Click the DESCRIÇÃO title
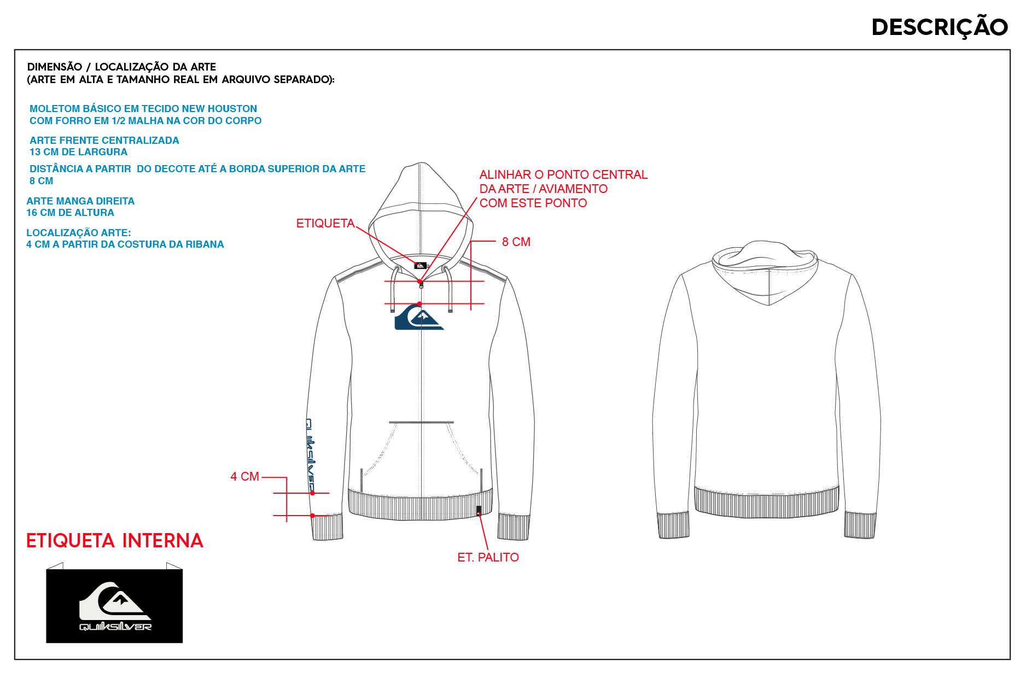tap(939, 26)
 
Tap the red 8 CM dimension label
tap(516, 242)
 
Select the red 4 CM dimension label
tap(244, 476)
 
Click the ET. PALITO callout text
tap(488, 557)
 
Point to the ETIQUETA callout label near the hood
tap(325, 223)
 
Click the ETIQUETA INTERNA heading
tap(114, 541)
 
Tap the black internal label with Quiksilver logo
tap(114, 606)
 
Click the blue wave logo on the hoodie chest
tap(419, 317)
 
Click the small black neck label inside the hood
tap(420, 266)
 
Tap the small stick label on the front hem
tap(479, 511)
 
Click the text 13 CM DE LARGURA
tap(78, 152)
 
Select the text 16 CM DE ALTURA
tap(70, 213)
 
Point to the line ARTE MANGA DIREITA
tap(80, 201)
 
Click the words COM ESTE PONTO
tap(533, 203)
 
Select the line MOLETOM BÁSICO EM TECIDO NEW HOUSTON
tap(143, 109)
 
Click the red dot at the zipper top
tap(420, 282)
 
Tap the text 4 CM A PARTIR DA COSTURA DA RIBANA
tap(125, 244)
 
